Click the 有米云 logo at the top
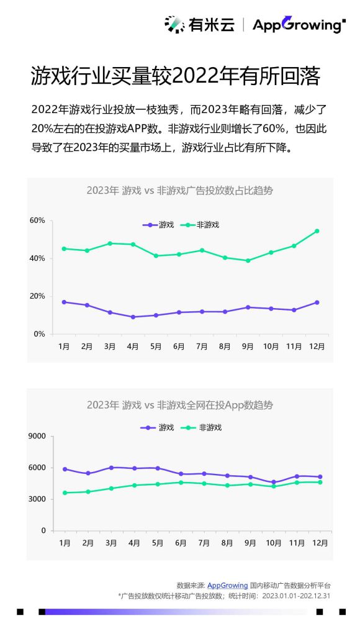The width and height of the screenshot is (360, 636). [x=199, y=25]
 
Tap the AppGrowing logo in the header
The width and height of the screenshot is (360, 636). [x=299, y=25]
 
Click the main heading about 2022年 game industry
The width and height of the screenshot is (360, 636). [x=175, y=76]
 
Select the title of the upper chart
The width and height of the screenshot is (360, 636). [x=179, y=191]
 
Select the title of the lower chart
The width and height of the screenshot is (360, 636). [x=179, y=405]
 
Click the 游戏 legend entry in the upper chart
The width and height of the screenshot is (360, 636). [x=158, y=225]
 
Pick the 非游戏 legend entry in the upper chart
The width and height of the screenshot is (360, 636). [x=200, y=225]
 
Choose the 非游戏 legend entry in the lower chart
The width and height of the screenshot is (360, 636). [x=200, y=427]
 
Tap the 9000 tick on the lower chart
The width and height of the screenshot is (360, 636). [x=37, y=436]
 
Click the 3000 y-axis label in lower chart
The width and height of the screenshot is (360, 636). [x=37, y=499]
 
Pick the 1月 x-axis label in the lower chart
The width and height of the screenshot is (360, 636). [x=65, y=543]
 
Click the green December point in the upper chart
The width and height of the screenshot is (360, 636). [x=317, y=231]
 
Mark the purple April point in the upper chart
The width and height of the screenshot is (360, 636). [x=133, y=317]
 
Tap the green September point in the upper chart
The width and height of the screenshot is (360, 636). [x=248, y=261]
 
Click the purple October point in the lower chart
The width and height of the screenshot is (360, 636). [x=271, y=483]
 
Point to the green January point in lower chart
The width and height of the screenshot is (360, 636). [x=65, y=493]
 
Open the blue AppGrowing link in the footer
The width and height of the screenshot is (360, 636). [x=227, y=585]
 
